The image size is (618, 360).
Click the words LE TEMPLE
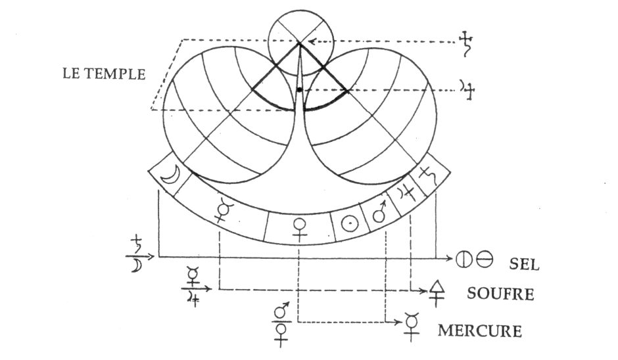(x=103, y=73)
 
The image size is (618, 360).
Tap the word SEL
(x=524, y=264)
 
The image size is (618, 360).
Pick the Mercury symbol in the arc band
(x=225, y=210)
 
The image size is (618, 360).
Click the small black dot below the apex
(x=299, y=89)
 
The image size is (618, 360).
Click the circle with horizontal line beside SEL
(x=484, y=258)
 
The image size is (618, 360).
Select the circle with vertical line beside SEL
(x=464, y=258)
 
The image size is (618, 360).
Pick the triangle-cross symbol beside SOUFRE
(x=435, y=290)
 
